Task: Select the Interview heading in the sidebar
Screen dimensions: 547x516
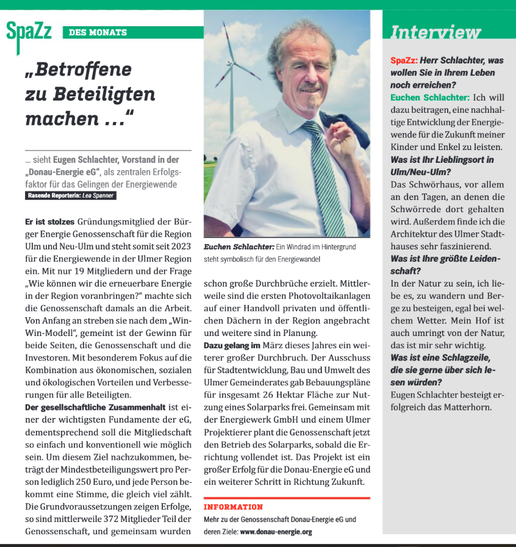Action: (435, 32)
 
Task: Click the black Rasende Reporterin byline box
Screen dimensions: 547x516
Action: (71, 196)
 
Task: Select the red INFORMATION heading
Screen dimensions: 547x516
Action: (234, 507)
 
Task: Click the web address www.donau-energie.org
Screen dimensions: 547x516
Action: (276, 532)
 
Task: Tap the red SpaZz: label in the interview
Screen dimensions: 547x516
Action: (404, 60)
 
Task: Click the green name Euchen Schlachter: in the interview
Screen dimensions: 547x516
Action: (430, 98)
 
